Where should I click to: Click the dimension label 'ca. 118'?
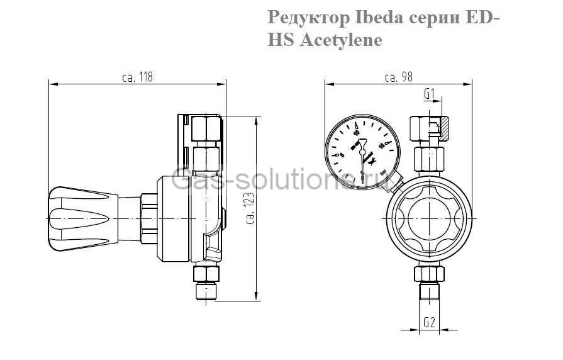pos(137,77)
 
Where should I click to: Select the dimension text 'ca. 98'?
pos(398,77)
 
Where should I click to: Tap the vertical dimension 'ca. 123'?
pos(250,208)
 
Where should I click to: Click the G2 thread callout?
pos(429,322)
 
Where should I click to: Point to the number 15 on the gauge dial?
pos(381,146)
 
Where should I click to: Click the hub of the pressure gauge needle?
pos(362,151)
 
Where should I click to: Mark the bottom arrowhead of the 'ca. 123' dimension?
pos(257,299)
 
